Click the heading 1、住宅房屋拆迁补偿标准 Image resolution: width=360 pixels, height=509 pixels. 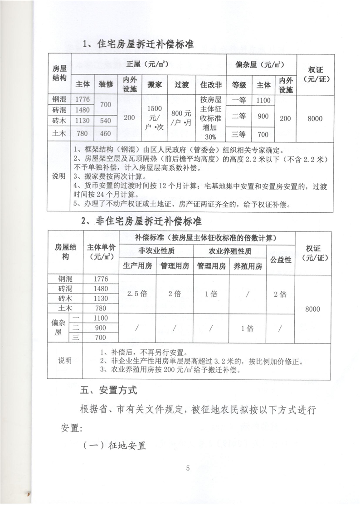(138, 44)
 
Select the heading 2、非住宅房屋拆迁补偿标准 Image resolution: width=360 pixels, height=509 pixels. (141, 222)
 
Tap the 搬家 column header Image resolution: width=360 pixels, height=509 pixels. (154, 84)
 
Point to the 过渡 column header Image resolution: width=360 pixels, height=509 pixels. (181, 84)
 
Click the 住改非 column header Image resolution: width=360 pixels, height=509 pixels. (211, 84)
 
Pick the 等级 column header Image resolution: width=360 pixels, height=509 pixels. (239, 84)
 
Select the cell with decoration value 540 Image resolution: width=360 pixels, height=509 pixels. (106, 121)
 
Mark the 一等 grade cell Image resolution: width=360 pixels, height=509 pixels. (239, 100)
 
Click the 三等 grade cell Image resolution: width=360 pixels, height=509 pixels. (239, 134)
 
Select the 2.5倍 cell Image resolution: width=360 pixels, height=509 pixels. (137, 294)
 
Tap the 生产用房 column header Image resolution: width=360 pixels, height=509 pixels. (137, 266)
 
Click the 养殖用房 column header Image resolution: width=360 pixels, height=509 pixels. (248, 266)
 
